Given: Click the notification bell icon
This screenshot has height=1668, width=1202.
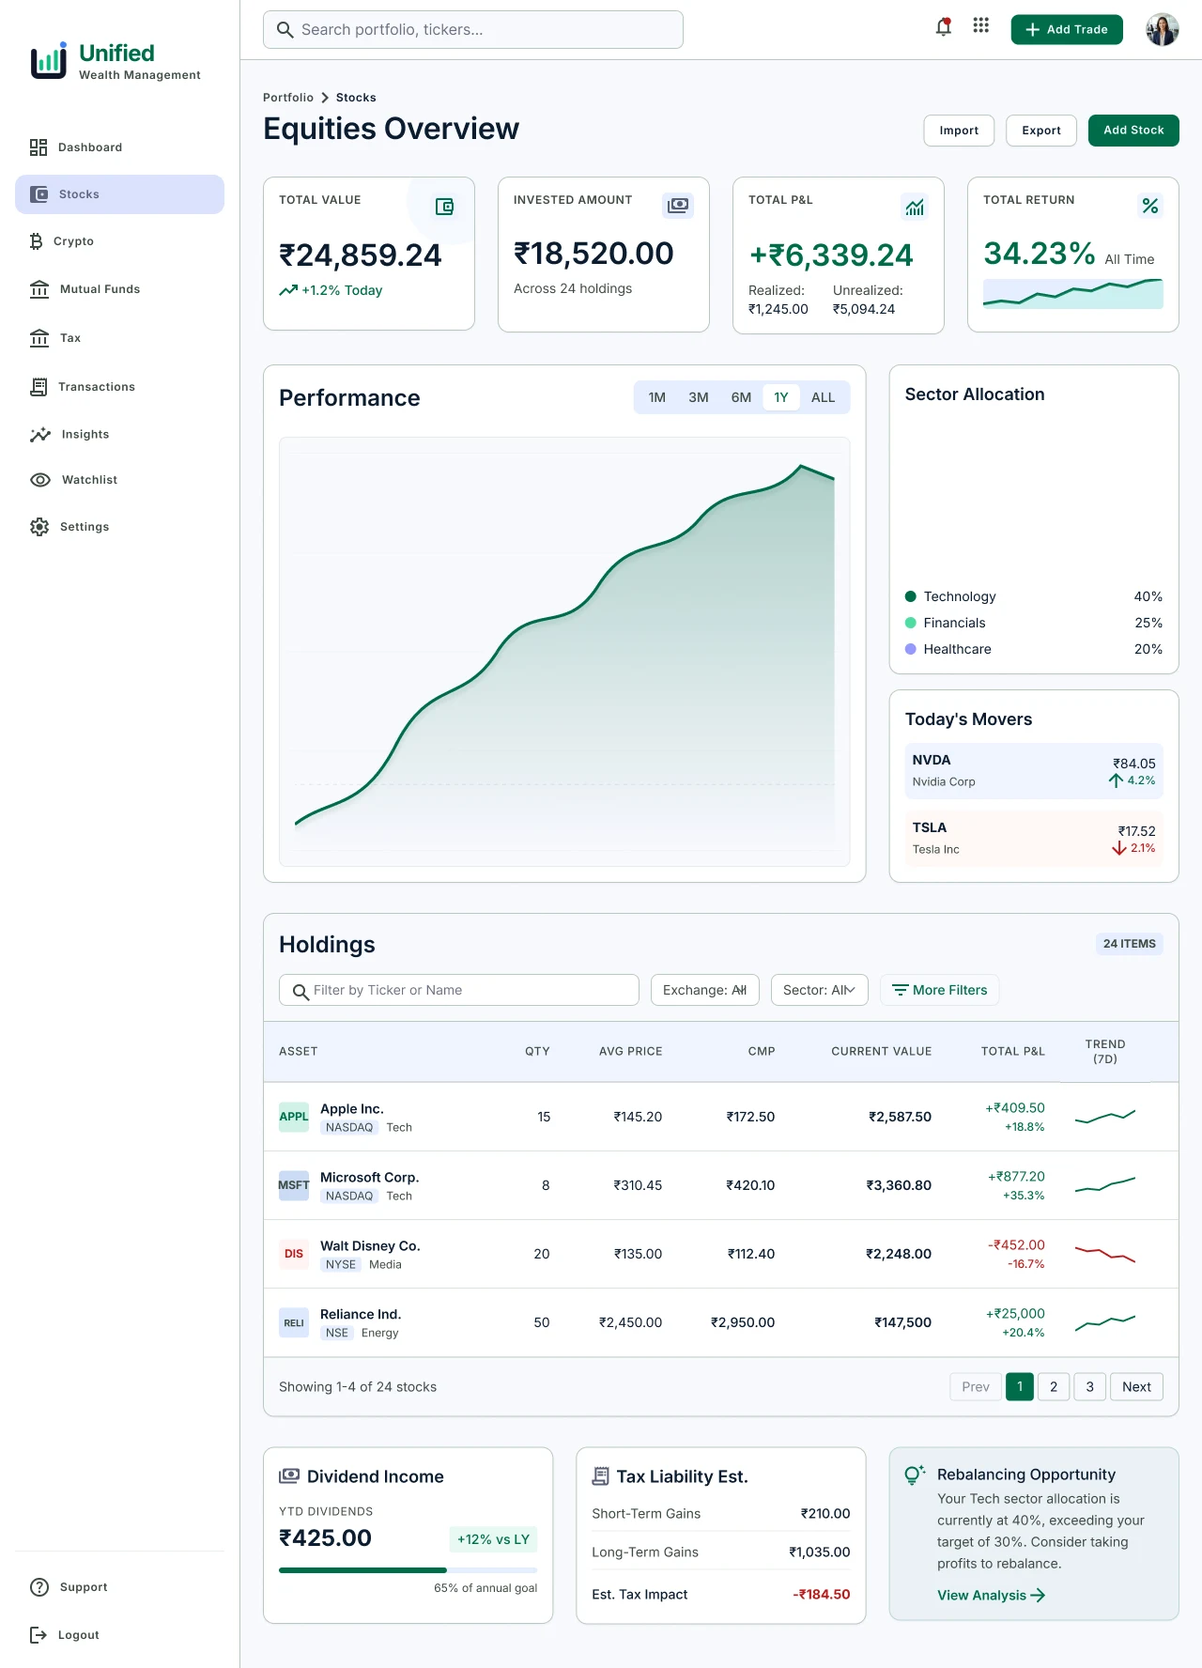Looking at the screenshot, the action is click(944, 27).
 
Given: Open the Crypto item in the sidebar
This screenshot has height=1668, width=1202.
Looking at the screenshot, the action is click(62, 241).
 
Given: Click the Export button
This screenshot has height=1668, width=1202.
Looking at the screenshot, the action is click(1041, 131).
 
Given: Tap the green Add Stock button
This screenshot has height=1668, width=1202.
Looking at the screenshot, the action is click(1133, 131).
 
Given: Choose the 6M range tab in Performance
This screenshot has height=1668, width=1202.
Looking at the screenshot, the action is click(741, 397).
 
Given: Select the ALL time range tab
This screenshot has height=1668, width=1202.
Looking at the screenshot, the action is click(823, 397).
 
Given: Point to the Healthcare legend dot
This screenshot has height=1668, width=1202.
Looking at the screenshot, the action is click(910, 649).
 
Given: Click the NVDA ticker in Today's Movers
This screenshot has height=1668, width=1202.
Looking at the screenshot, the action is click(932, 760).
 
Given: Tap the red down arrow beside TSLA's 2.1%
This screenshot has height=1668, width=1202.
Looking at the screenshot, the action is click(1119, 848).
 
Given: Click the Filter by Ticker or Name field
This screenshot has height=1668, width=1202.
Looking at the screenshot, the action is click(459, 990).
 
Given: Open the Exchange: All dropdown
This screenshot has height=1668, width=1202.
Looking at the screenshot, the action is click(705, 990).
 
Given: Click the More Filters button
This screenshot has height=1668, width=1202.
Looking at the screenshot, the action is click(939, 990).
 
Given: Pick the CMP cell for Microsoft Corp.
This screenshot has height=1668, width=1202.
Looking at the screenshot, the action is click(750, 1185).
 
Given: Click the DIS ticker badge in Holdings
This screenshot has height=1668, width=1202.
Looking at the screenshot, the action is click(294, 1254).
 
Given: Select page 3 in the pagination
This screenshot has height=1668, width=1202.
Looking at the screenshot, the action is click(1089, 1386).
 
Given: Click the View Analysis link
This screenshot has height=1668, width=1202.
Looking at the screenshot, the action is click(991, 1595).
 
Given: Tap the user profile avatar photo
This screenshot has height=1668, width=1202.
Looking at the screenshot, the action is click(1162, 29).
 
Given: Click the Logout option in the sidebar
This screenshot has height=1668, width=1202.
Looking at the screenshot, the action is click(65, 1635).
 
